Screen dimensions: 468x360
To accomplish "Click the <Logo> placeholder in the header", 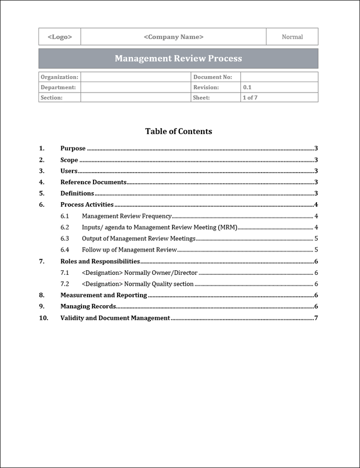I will (59, 37).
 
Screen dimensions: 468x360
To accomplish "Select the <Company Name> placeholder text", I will (173, 37).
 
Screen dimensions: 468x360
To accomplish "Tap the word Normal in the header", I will (292, 37).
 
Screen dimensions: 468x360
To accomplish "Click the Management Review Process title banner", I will (178, 59).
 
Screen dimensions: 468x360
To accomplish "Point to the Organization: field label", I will (59, 77).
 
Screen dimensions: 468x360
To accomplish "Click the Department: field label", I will (58, 87).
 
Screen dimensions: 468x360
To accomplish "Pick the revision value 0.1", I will (247, 87).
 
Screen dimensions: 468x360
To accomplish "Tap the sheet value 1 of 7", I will (250, 98).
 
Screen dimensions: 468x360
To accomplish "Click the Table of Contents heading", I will (178, 131).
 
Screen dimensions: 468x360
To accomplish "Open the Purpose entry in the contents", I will (73, 149).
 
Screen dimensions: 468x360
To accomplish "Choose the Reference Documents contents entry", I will (93, 182).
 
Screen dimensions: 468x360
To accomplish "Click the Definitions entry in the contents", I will (77, 193).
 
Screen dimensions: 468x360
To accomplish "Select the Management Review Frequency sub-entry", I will (126, 216).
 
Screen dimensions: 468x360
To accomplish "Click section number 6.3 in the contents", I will (64, 239).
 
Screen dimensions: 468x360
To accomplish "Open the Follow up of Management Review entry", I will (129, 250).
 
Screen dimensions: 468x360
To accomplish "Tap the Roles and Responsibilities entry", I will (100, 261).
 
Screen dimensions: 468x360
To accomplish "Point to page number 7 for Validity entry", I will (316, 318).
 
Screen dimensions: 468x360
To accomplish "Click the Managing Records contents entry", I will (88, 306).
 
